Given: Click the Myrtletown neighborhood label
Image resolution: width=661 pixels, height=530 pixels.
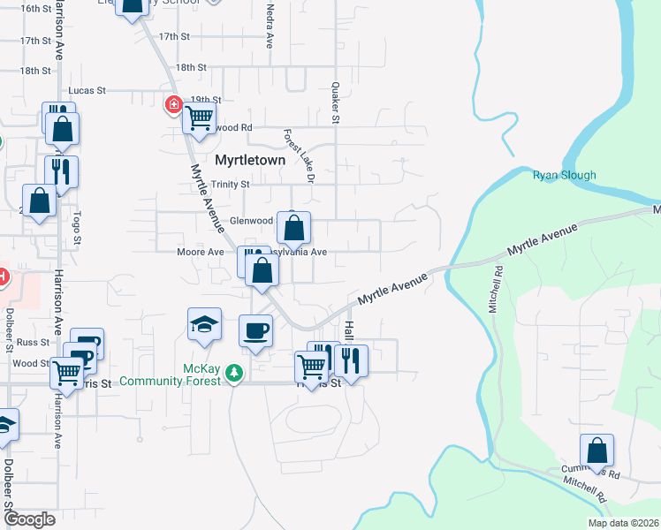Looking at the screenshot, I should [250, 160].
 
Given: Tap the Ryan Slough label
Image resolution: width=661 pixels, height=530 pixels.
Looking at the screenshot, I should [564, 175].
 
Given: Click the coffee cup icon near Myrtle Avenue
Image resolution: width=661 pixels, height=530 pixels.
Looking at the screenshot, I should [256, 331].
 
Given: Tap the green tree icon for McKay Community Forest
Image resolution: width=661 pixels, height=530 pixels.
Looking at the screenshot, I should [233, 374].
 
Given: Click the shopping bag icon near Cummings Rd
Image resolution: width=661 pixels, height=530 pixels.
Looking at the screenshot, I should [597, 450].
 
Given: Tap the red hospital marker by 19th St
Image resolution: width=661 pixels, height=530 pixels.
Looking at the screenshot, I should [174, 106].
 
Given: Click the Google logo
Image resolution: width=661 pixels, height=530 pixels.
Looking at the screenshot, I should [30, 519].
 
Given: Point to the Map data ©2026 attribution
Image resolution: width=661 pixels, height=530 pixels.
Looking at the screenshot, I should [623, 523].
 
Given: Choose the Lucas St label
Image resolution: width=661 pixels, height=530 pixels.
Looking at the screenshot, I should [87, 90].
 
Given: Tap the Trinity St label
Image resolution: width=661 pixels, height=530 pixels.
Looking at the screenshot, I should [232, 185].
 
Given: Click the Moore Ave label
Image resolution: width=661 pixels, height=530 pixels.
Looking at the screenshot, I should [201, 252].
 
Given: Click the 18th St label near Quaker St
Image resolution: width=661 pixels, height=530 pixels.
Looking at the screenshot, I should [191, 67].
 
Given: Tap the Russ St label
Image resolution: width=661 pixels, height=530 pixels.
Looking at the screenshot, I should [33, 341].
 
